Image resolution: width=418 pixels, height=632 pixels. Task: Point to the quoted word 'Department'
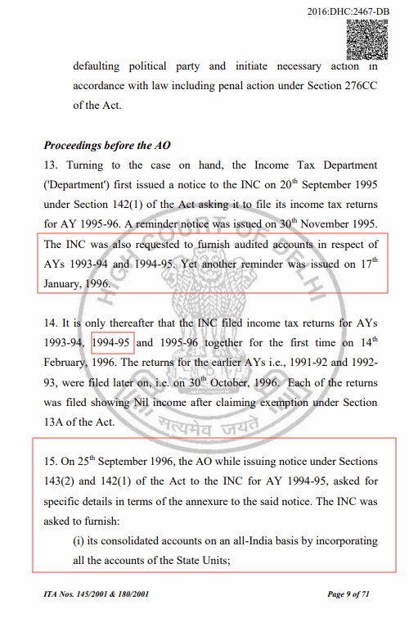(77, 185)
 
